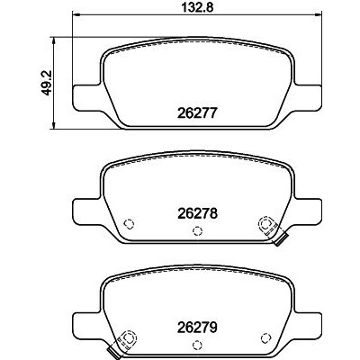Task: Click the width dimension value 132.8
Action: pyautogui.click(x=198, y=7)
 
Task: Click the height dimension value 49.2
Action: pyautogui.click(x=47, y=83)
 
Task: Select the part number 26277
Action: pyautogui.click(x=197, y=113)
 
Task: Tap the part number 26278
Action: pyautogui.click(x=197, y=213)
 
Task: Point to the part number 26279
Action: pyautogui.click(x=197, y=328)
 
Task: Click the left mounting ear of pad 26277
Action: pyautogui.click(x=87, y=96)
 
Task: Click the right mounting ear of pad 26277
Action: pyautogui.click(x=308, y=96)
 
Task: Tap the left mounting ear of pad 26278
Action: pyautogui.click(x=87, y=210)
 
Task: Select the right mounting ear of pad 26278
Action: pyautogui.click(x=308, y=210)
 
